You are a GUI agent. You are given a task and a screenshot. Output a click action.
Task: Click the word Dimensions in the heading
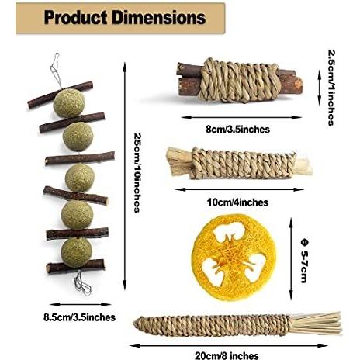coord(159,18)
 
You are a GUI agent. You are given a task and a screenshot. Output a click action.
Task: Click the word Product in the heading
coord(75,18)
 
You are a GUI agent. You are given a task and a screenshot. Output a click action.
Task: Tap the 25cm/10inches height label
coord(137,172)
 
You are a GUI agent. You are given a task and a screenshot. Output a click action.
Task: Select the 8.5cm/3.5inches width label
coord(79,317)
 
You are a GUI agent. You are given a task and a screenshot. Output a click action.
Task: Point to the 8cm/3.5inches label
coord(237,129)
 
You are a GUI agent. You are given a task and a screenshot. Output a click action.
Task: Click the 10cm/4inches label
coord(237,202)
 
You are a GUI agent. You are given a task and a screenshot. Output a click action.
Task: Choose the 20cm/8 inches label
coord(227,355)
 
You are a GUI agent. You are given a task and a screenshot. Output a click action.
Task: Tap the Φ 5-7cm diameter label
coord(305,261)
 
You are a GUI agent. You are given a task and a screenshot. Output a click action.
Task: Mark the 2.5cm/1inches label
coord(331,88)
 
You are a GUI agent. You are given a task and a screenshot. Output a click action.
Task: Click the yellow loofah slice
coord(233,258)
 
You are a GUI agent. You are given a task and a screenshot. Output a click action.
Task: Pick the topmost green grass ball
coord(69,103)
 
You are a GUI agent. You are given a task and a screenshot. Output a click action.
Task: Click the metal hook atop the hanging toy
coord(56,70)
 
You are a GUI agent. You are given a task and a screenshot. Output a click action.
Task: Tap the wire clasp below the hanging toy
coord(82,283)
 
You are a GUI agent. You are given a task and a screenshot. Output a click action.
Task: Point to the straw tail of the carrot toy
coord(316,324)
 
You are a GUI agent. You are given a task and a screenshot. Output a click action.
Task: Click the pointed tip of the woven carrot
coord(134,324)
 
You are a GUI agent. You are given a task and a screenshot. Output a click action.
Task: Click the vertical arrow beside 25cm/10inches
coord(125,176)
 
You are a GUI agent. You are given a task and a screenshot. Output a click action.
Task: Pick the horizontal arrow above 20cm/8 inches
coord(229,345)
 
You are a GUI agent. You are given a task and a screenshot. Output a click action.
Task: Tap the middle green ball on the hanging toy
coord(80,178)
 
